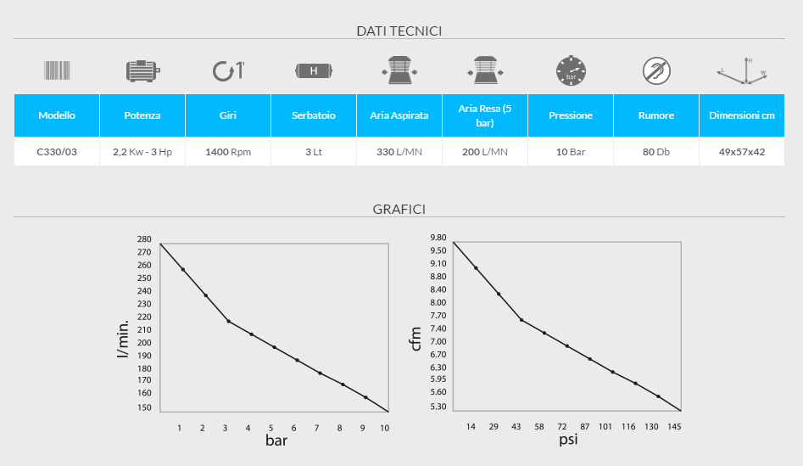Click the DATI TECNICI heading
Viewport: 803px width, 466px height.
tap(399, 31)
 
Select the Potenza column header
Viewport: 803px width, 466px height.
tap(142, 115)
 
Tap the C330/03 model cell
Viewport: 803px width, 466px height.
tap(57, 153)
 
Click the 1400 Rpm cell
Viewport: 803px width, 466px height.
tap(227, 153)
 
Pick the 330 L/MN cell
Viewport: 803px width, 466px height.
tap(399, 153)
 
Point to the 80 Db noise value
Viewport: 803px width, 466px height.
tap(655, 153)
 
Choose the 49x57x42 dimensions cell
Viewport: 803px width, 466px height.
tap(741, 153)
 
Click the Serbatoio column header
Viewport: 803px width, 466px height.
tap(313, 115)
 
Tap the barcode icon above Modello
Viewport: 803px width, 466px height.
tap(57, 70)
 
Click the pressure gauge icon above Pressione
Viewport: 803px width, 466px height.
tap(570, 70)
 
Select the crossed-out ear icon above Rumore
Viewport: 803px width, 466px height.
tap(655, 70)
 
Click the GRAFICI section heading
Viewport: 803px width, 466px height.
tap(399, 208)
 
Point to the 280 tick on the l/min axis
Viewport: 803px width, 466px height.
tap(143, 239)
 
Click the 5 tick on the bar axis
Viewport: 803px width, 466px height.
tap(271, 428)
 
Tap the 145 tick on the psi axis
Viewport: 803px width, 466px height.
tap(674, 426)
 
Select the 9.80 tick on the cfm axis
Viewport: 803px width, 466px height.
tap(438, 238)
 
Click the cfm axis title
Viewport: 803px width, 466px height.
tap(415, 340)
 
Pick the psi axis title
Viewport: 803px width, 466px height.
tap(568, 441)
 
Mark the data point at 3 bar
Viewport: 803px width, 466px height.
tap(228, 321)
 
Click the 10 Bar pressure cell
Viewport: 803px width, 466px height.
tap(570, 153)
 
